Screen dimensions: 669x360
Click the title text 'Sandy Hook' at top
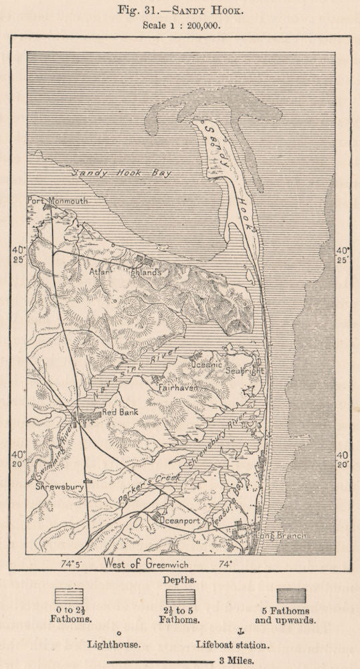207,11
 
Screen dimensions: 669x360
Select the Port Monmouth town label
57,199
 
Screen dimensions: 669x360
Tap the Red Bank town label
120,413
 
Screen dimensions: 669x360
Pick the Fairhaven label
177,387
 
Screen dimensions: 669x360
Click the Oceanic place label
207,365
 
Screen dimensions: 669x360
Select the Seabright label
245,370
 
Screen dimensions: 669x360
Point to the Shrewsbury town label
60,487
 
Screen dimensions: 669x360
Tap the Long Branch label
281,535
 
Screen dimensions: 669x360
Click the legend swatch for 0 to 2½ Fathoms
70,596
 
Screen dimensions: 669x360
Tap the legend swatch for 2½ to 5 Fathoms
180,596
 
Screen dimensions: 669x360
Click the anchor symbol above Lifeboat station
241,632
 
